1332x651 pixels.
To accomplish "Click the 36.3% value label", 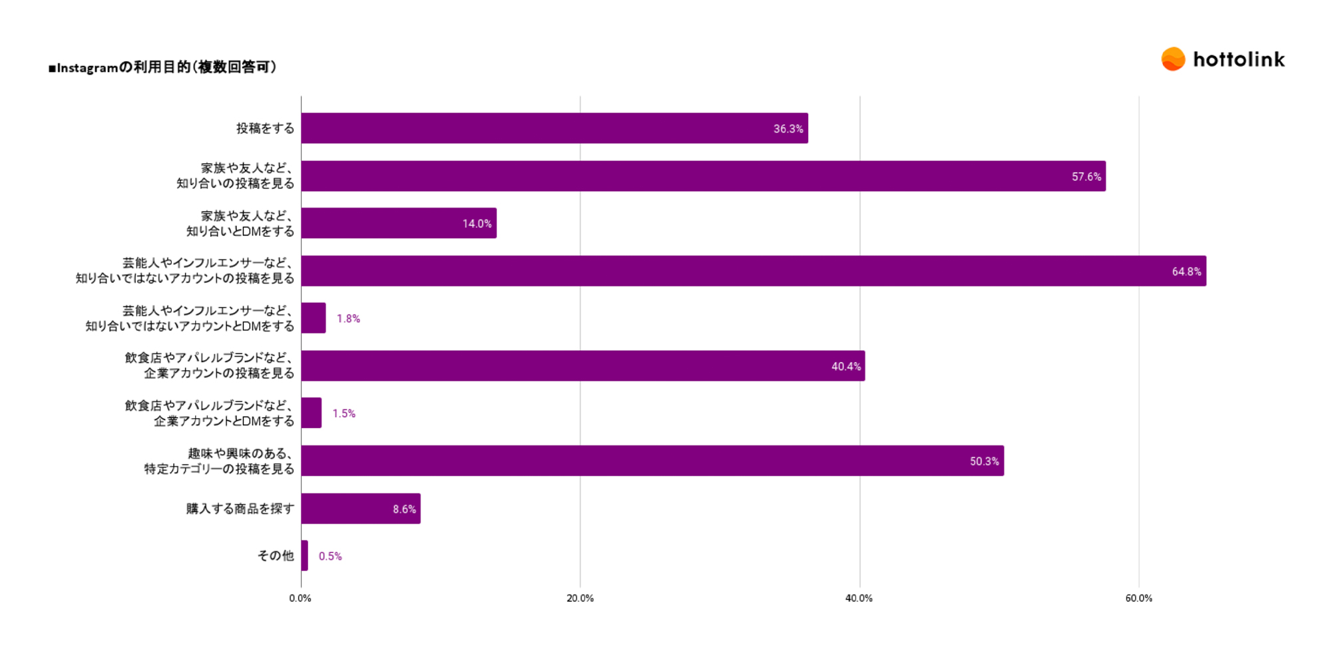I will (x=787, y=129).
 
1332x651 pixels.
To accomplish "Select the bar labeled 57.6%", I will (x=702, y=176).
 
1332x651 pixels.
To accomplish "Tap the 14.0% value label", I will (x=477, y=224).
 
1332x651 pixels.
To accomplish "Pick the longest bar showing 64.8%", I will (x=753, y=271).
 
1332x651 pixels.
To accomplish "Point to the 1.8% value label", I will (x=348, y=319).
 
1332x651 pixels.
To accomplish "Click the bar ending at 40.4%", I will (x=582, y=366).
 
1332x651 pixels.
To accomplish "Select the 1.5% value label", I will (x=343, y=413).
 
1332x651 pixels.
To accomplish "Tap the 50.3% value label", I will (x=984, y=461).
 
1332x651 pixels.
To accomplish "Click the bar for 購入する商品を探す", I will (x=360, y=509).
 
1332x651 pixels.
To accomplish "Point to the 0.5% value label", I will (x=330, y=556).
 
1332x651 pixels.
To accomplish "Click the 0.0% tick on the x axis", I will (x=300, y=598).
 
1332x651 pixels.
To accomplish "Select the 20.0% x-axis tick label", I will (x=580, y=598).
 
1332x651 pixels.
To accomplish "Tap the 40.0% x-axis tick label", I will (x=859, y=598).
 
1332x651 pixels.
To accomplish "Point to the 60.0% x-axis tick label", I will (x=1138, y=598).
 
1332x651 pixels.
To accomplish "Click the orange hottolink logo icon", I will (x=1173, y=59).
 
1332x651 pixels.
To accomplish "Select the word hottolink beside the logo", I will (x=1239, y=60).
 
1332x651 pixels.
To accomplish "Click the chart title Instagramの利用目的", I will (x=162, y=67).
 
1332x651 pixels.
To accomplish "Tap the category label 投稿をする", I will (x=265, y=128).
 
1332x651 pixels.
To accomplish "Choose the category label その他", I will (x=276, y=556).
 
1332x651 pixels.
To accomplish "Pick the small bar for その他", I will (x=304, y=556).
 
